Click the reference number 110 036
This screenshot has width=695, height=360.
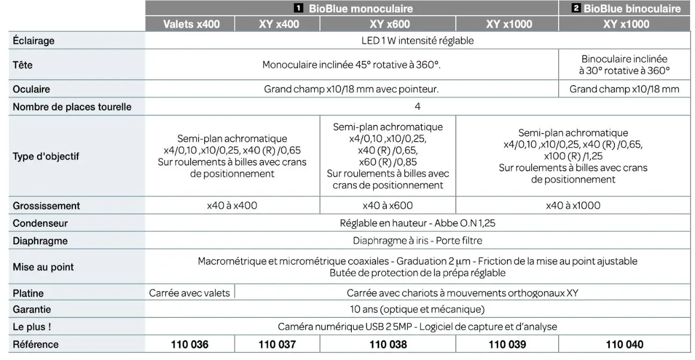190,344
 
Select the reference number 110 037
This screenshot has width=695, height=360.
277,344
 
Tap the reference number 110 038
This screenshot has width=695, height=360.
388,344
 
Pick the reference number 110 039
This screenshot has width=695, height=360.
507,344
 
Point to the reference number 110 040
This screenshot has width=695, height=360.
624,344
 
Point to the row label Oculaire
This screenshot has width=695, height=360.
31,89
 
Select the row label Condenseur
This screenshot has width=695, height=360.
40,223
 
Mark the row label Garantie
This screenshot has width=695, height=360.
32,310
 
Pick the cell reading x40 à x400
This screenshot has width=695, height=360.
232,205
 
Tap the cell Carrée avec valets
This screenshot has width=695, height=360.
189,293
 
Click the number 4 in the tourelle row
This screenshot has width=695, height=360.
418,107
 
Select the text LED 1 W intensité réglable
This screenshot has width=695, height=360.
418,41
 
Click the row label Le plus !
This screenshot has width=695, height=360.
32,327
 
